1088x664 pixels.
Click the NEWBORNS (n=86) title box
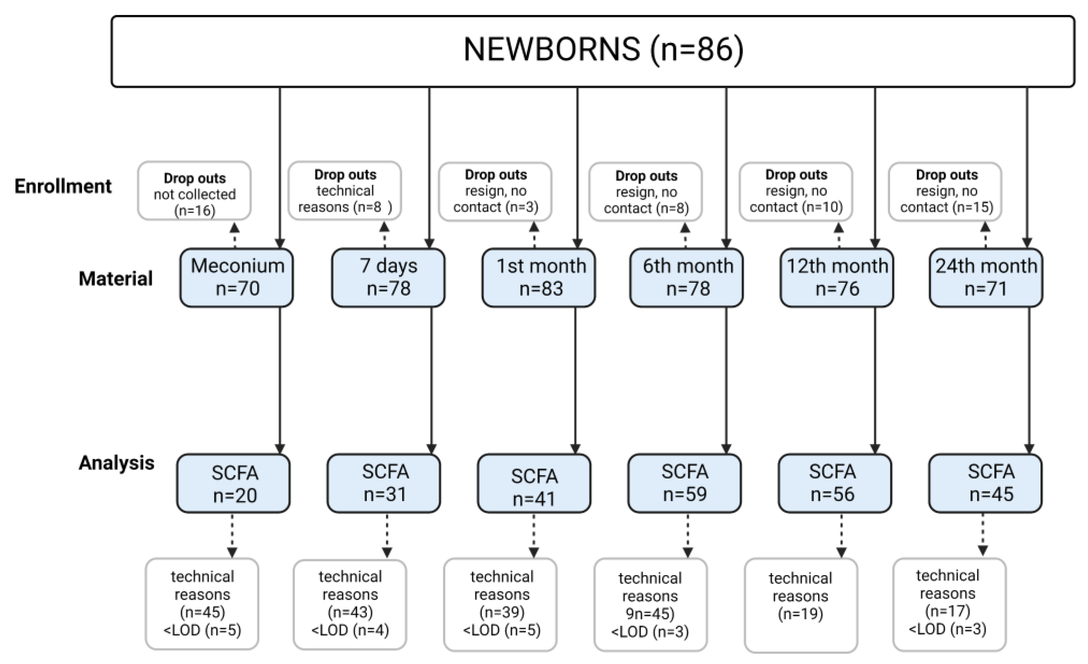point(593,51)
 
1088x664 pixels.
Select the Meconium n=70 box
point(237,278)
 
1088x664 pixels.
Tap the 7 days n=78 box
point(388,278)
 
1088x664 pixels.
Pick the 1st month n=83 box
point(539,278)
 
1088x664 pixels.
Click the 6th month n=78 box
point(687,278)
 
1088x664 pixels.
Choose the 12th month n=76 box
point(837,278)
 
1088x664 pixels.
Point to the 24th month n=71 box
point(986,278)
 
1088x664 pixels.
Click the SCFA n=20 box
point(234,484)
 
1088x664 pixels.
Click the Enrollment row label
point(63,186)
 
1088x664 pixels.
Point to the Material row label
point(116,278)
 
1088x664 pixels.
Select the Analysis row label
point(117,463)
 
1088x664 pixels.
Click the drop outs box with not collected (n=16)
point(194,191)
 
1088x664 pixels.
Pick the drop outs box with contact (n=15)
point(945,191)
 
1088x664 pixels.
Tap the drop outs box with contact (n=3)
point(495,191)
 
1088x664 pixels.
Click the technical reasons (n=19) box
point(801,605)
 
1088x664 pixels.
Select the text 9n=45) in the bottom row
point(650,613)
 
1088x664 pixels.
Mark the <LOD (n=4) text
point(350,630)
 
